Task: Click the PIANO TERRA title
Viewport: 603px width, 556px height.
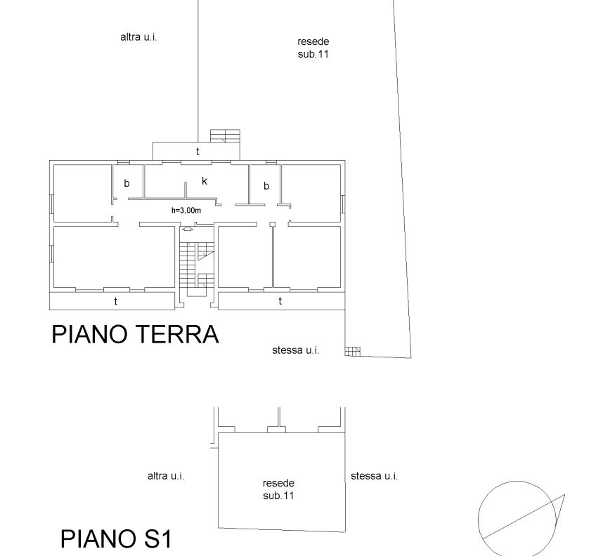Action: coord(135,334)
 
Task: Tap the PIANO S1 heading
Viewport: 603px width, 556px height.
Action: coord(116,538)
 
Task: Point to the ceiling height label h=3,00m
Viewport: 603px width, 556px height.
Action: coord(186,211)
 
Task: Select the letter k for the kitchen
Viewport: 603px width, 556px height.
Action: coord(205,181)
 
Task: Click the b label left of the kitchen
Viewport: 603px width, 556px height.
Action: coord(127,183)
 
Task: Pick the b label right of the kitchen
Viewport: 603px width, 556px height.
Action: coord(266,186)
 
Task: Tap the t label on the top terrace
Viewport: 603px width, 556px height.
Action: coord(197,152)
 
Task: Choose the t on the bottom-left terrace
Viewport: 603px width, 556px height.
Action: coord(115,301)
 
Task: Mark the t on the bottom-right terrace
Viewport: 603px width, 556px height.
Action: coord(280,301)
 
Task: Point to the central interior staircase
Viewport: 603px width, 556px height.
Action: coord(197,269)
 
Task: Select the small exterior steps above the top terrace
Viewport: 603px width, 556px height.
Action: coord(225,136)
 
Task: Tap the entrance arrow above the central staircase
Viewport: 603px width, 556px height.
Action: coord(187,229)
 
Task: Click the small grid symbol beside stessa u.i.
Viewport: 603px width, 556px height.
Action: coord(353,351)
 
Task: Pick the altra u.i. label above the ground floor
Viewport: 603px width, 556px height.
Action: coord(138,37)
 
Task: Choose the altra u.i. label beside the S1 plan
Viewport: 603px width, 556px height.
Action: coord(166,476)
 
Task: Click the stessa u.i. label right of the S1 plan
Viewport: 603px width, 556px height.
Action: coord(374,476)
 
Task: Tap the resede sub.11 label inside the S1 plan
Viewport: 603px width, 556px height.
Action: coord(278,489)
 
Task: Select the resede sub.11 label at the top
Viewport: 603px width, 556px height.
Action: coord(313,48)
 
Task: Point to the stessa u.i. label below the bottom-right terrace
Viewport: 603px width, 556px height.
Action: coord(296,350)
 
